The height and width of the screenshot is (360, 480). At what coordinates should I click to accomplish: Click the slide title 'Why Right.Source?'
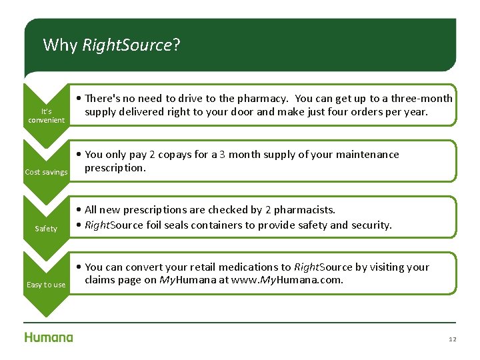(111, 45)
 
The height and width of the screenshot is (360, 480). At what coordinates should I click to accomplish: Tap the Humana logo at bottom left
(49, 337)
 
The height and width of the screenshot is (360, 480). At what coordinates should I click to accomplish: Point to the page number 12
(453, 339)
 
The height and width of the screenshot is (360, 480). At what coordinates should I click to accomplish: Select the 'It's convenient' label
(46, 115)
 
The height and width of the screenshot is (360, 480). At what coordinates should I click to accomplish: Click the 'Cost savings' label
(46, 172)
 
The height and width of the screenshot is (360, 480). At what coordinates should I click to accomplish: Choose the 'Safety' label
(46, 229)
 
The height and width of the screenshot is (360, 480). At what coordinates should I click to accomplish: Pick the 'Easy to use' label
(46, 285)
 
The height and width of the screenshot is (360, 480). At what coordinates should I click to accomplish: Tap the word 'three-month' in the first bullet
(422, 99)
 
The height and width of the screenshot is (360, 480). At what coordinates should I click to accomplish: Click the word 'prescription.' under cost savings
(115, 168)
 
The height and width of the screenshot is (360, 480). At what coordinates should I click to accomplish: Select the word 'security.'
(371, 225)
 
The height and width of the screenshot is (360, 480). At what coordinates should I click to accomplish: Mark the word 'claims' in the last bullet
(100, 280)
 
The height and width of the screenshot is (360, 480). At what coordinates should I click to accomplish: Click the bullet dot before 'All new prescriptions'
(80, 211)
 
